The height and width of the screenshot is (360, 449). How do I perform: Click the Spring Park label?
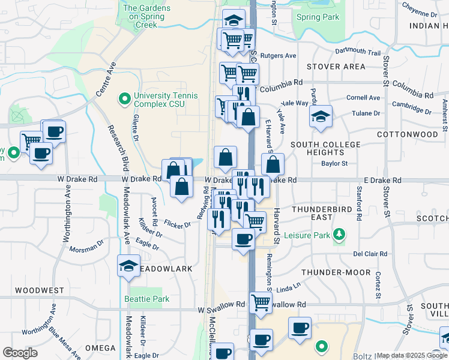click(318, 17)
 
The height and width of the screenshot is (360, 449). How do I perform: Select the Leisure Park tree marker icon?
click(339, 233)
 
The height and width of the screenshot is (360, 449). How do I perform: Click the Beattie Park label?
click(146, 299)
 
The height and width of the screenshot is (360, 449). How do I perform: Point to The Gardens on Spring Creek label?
click(146, 17)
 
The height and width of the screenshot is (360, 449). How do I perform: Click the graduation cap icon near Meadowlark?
click(128, 266)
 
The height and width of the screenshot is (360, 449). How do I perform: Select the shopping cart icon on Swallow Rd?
click(261, 302)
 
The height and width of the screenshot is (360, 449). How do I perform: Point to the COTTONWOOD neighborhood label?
click(408, 134)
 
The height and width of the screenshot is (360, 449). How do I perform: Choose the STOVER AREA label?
click(336, 66)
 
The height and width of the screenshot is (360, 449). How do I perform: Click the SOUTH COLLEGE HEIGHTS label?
click(325, 149)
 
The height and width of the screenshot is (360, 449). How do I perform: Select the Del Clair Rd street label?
click(370, 254)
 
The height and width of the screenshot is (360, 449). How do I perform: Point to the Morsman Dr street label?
click(86, 249)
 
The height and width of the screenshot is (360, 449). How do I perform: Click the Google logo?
click(20, 353)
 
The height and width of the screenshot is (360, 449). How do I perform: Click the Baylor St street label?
click(334, 163)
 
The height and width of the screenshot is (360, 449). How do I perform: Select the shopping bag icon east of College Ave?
click(273, 163)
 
